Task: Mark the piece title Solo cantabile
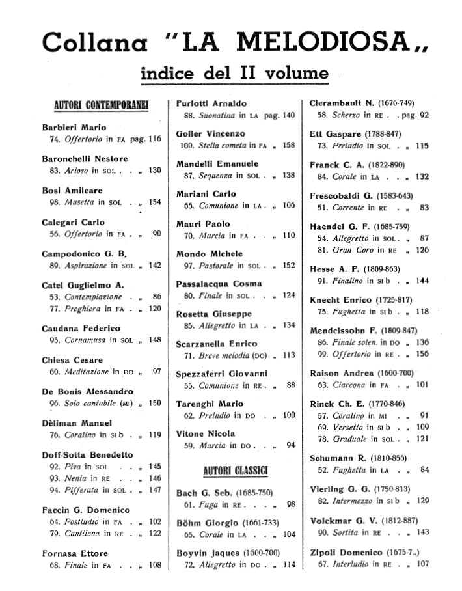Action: coord(90,404)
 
